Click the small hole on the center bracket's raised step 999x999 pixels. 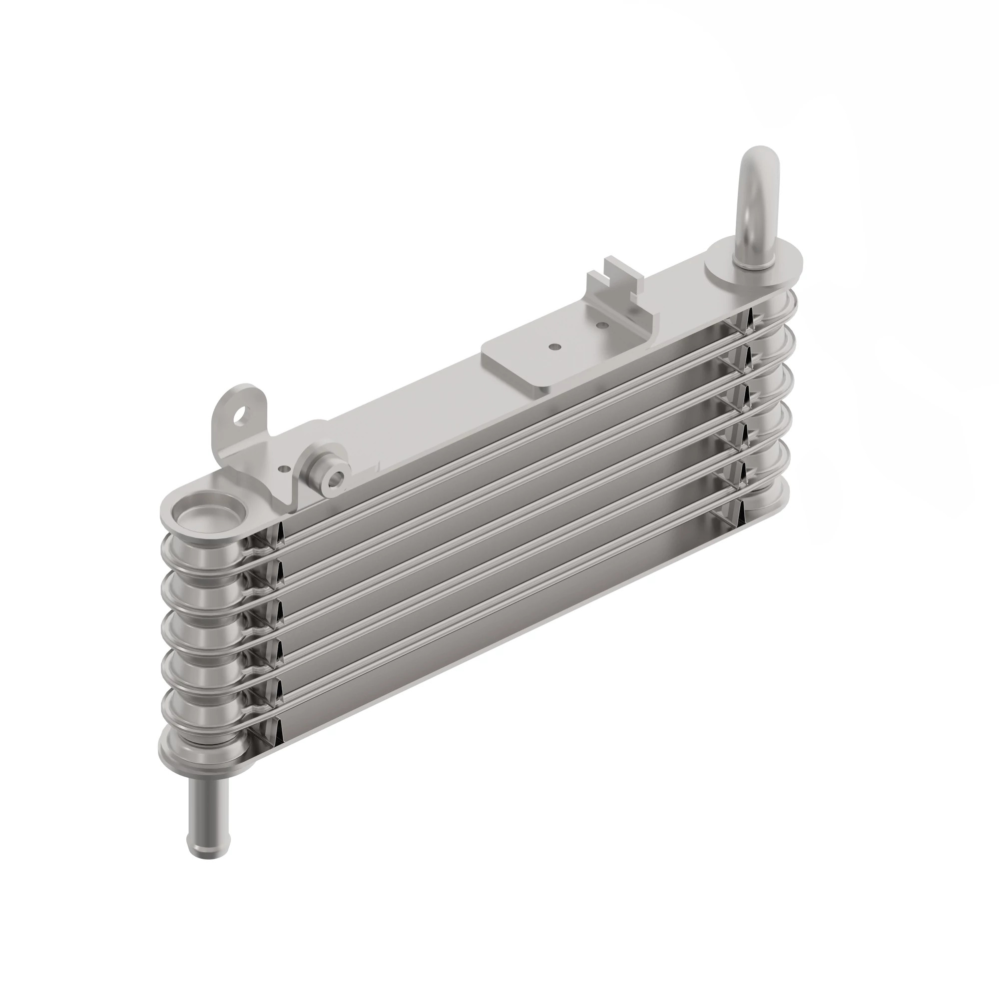coord(601,325)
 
